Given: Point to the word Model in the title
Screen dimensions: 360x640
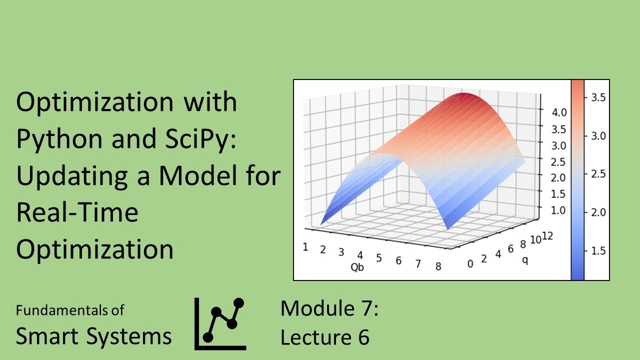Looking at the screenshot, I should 199,176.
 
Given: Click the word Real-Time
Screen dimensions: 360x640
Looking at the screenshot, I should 77,213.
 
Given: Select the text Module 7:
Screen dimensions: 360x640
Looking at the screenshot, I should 329,308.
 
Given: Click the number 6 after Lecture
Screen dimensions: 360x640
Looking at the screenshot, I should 363,337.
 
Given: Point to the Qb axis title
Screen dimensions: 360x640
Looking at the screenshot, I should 357,267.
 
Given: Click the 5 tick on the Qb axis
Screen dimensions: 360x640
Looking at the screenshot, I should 379,258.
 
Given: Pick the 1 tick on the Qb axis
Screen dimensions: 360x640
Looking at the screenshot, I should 305,246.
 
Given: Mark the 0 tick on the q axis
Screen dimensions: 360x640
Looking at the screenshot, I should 469,264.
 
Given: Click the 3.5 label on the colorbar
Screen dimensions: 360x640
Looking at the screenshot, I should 597,97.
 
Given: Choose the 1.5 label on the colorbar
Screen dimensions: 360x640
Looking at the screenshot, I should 597,250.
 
